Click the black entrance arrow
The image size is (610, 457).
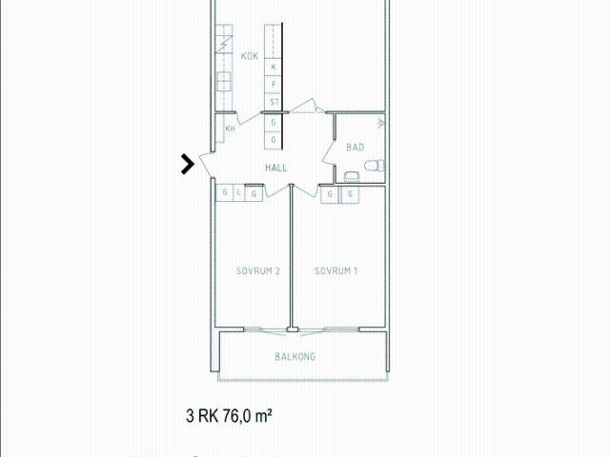[x=188, y=165]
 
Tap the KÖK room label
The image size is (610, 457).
[x=250, y=56]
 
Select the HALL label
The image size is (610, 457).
[x=276, y=168]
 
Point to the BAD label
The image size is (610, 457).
[x=355, y=148]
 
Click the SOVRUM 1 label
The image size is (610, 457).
[x=336, y=271]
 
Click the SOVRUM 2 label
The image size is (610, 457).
[x=257, y=271]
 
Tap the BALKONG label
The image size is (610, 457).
[x=295, y=357]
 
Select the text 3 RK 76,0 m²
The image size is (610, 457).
[x=230, y=415]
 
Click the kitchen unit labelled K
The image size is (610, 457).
[x=274, y=68]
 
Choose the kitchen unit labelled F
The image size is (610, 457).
[x=274, y=85]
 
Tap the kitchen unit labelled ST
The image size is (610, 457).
[x=274, y=102]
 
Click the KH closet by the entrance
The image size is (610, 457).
[x=230, y=129]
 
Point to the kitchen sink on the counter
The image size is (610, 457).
[x=226, y=81]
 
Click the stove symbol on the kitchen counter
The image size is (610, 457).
[x=225, y=44]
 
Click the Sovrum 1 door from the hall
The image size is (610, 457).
[x=305, y=189]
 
